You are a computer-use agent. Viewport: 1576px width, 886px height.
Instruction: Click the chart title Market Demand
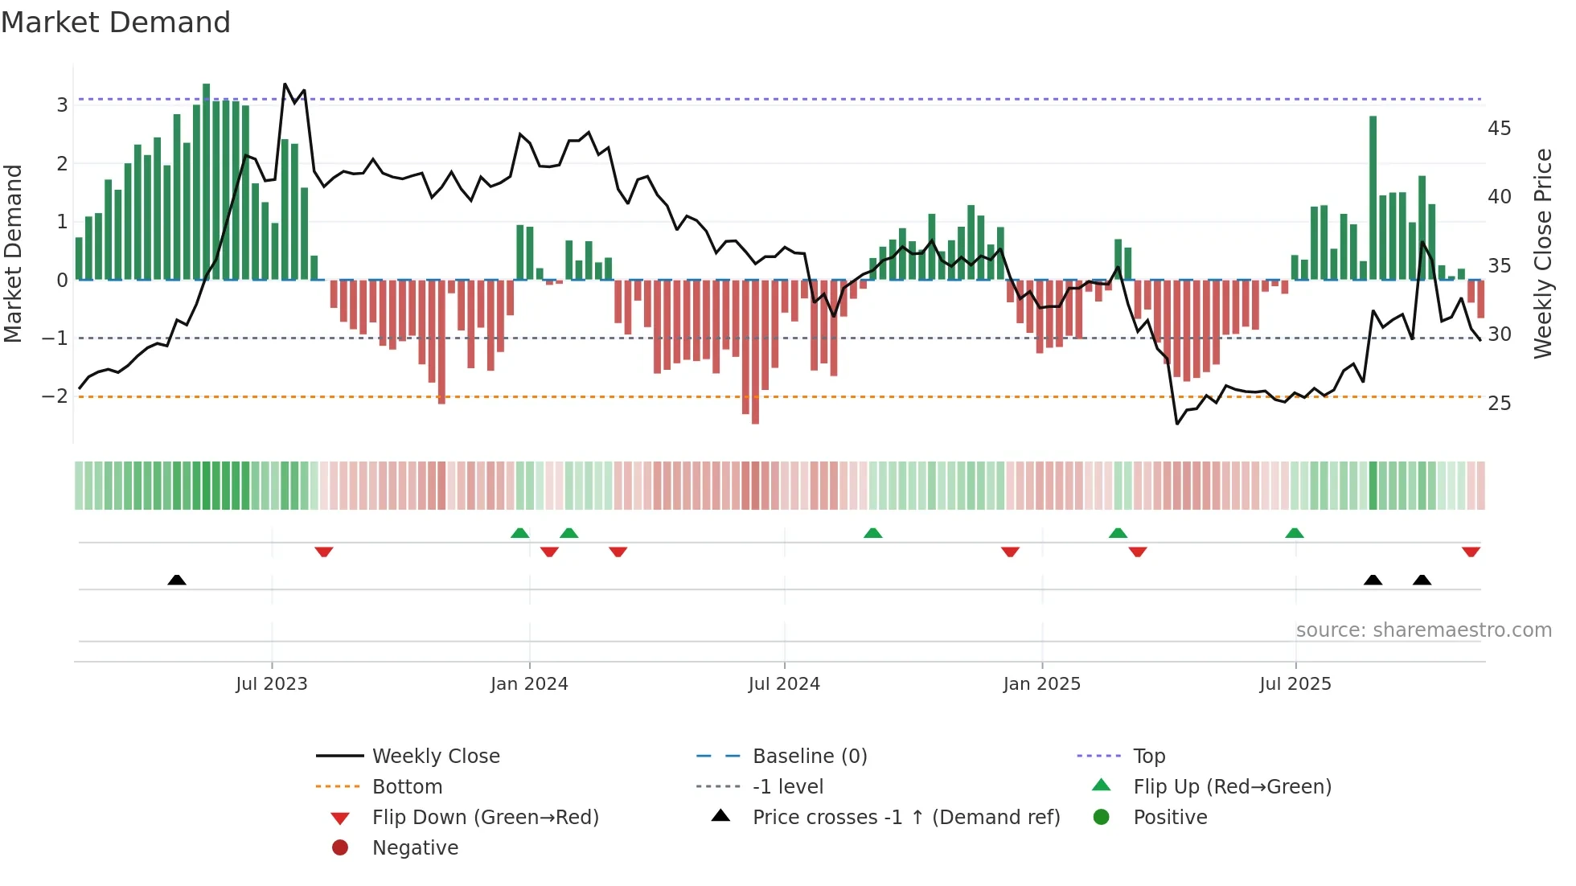pos(116,23)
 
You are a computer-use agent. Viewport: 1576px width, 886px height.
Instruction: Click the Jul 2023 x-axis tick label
pos(271,684)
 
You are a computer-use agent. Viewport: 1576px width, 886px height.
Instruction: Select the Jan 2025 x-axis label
pos(1041,684)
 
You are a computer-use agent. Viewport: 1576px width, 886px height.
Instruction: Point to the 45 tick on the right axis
pos(1499,129)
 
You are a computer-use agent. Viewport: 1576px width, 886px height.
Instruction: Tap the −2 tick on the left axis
pos(55,396)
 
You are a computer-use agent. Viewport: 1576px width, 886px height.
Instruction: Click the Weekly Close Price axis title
pos(1542,253)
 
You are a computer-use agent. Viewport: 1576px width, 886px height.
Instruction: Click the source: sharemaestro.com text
pos(1423,630)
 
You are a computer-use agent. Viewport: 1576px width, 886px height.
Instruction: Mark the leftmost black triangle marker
pos(177,580)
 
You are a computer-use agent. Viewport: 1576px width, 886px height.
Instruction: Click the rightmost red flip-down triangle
pos(1471,552)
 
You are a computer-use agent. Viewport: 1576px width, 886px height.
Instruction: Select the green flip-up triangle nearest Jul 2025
pos(1294,533)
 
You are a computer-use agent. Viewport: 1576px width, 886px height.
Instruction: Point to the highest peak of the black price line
pos(285,84)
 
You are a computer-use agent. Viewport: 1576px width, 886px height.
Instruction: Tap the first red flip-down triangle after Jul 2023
pos(324,552)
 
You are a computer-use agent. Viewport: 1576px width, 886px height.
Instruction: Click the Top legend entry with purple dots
pos(1148,757)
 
